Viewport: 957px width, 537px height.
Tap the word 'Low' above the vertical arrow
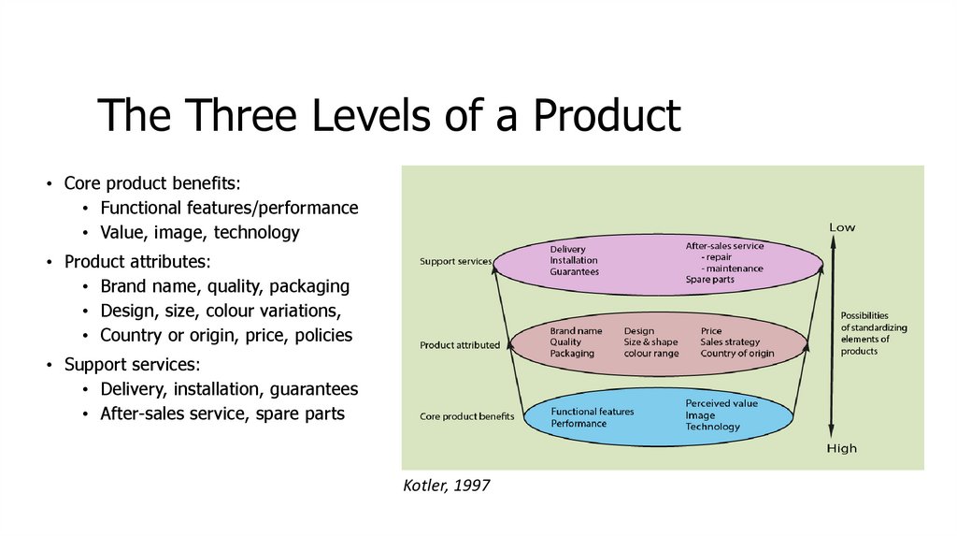point(841,227)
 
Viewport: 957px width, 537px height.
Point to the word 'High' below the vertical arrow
point(841,449)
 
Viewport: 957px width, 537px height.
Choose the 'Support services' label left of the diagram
point(455,261)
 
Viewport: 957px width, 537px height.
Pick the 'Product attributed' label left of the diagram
point(460,345)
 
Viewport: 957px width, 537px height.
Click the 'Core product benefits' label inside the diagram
point(466,416)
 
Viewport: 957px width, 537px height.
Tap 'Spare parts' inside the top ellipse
point(710,280)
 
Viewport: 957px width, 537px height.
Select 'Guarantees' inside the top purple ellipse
point(574,272)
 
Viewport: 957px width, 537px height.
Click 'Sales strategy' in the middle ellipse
point(730,342)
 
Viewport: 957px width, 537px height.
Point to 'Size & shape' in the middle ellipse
point(651,342)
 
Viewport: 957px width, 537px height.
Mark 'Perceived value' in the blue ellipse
point(721,403)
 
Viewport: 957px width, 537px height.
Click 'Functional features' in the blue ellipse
point(593,412)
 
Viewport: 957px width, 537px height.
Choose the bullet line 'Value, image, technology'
point(199,233)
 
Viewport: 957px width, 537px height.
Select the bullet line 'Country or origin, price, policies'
point(226,335)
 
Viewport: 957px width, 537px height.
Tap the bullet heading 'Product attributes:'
point(137,261)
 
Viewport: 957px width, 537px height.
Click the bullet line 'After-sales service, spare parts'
point(222,414)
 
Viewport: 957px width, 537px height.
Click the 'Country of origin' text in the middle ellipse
point(737,354)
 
